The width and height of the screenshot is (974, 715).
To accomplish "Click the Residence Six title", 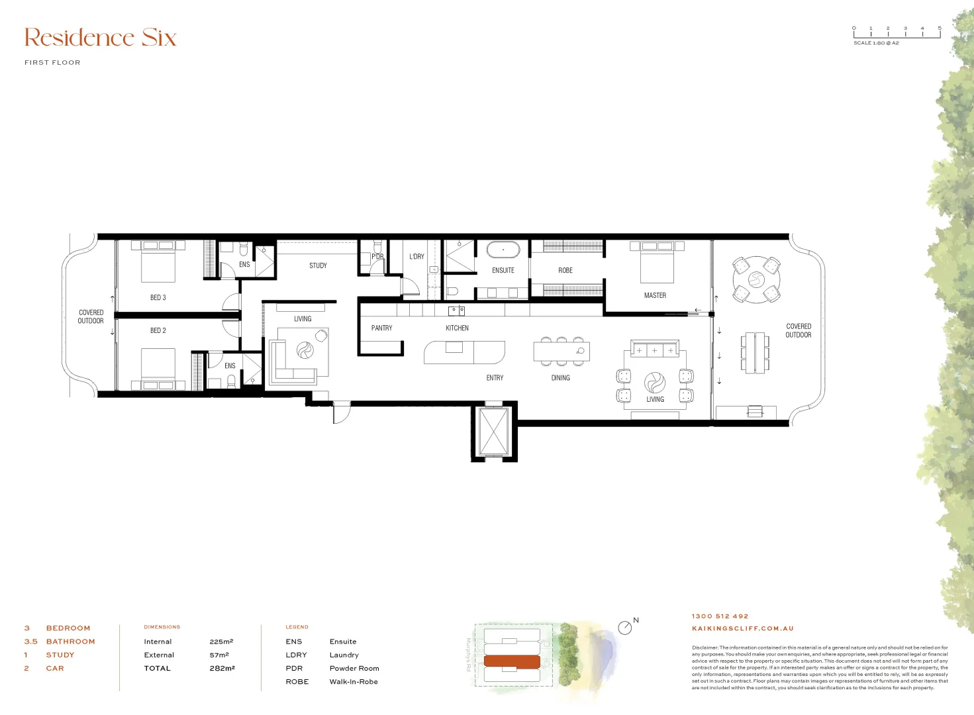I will (101, 38).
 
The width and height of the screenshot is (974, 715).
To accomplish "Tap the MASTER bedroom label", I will (655, 295).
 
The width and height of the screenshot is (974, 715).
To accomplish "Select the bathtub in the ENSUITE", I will (503, 250).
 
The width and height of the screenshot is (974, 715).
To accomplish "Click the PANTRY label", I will (381, 328).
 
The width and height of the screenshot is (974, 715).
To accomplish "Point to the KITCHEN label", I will (457, 328).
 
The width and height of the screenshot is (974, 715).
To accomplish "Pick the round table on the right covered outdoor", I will (756, 279).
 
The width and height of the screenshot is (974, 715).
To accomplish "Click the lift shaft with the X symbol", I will (493, 431).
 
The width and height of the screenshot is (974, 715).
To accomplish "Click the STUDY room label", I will (318, 265).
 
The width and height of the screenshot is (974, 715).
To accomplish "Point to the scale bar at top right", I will (897, 32).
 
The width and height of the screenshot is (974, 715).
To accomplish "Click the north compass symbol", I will (624, 627).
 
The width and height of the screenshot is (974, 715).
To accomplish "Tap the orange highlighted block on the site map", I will (512, 661).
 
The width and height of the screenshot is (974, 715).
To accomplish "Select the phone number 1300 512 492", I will (720, 616).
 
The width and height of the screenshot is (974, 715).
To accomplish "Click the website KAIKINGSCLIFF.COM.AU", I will (742, 629).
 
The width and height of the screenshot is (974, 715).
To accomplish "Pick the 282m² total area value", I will (222, 669).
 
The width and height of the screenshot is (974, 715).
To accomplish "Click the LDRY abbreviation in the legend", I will (296, 655).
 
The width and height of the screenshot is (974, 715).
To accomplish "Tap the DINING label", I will (560, 378).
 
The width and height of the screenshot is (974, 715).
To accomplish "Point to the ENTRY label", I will (495, 378).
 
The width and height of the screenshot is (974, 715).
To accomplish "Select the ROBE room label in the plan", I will (565, 271).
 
